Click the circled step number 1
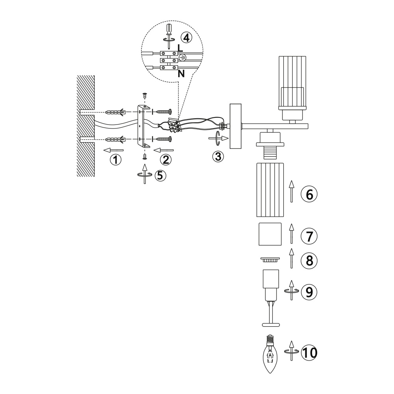click(x=115, y=160)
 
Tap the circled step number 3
click(x=218, y=156)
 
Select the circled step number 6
click(x=309, y=195)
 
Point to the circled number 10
click(x=309, y=353)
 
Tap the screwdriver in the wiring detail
click(x=169, y=36)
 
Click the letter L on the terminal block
click(x=180, y=48)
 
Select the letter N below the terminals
click(x=181, y=74)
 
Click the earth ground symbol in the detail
click(x=183, y=58)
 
